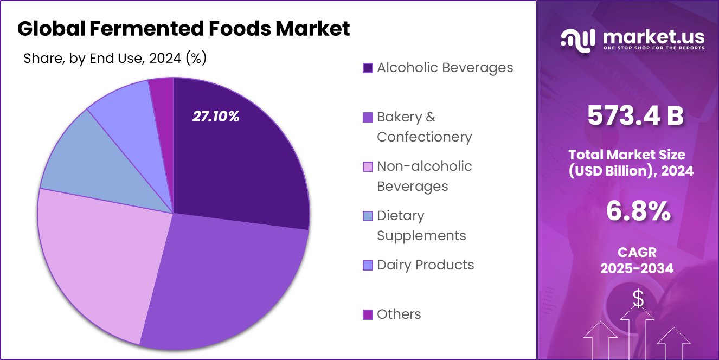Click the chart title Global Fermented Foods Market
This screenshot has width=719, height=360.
(183, 29)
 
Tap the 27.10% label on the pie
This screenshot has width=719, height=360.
(216, 117)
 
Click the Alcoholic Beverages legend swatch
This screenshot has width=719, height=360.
(368, 68)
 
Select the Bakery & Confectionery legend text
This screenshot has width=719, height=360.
(424, 127)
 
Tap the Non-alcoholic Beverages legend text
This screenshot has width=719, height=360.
(424, 176)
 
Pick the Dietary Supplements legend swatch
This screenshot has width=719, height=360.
(368, 216)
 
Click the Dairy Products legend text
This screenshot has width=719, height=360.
(425, 265)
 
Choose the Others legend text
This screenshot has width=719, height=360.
(399, 314)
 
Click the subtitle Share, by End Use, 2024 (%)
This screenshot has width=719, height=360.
(115, 58)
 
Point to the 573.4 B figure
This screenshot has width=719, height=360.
(635, 116)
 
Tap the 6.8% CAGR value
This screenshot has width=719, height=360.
(637, 211)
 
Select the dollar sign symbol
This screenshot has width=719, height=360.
(638, 298)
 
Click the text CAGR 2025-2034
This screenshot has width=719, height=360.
(637, 260)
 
